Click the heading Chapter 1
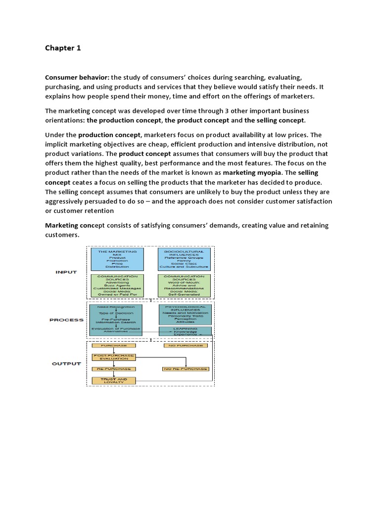[62, 48]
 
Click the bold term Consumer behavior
[77, 78]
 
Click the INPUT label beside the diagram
[66, 272]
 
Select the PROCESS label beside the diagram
[66, 320]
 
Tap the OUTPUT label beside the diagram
[66, 364]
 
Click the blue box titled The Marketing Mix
[117, 259]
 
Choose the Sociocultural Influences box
[184, 259]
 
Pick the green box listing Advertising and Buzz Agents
[117, 286]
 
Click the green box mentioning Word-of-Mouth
[184, 286]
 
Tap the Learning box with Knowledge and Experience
[185, 331]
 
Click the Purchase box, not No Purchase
[113, 345]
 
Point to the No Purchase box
[184, 345]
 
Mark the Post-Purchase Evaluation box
[113, 357]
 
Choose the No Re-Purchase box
[184, 369]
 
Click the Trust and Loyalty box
[113, 381]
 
